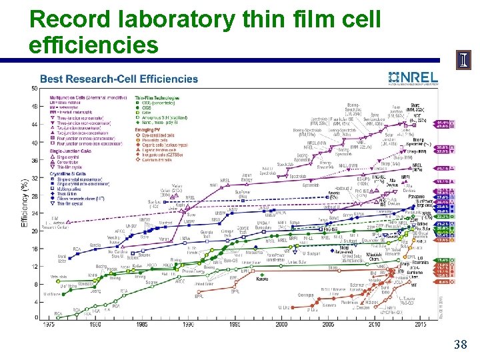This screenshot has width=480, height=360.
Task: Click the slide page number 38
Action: coord(459,345)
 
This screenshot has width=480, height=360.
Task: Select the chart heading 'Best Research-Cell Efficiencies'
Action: coord(119,79)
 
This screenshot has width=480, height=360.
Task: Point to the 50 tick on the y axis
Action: coord(34,88)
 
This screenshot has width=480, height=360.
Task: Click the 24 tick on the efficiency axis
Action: coord(34,213)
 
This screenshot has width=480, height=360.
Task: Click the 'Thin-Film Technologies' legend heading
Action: coord(159,98)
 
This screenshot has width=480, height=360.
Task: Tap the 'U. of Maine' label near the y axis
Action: coord(51,294)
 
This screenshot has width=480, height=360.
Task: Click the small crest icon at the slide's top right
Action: coord(464,63)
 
